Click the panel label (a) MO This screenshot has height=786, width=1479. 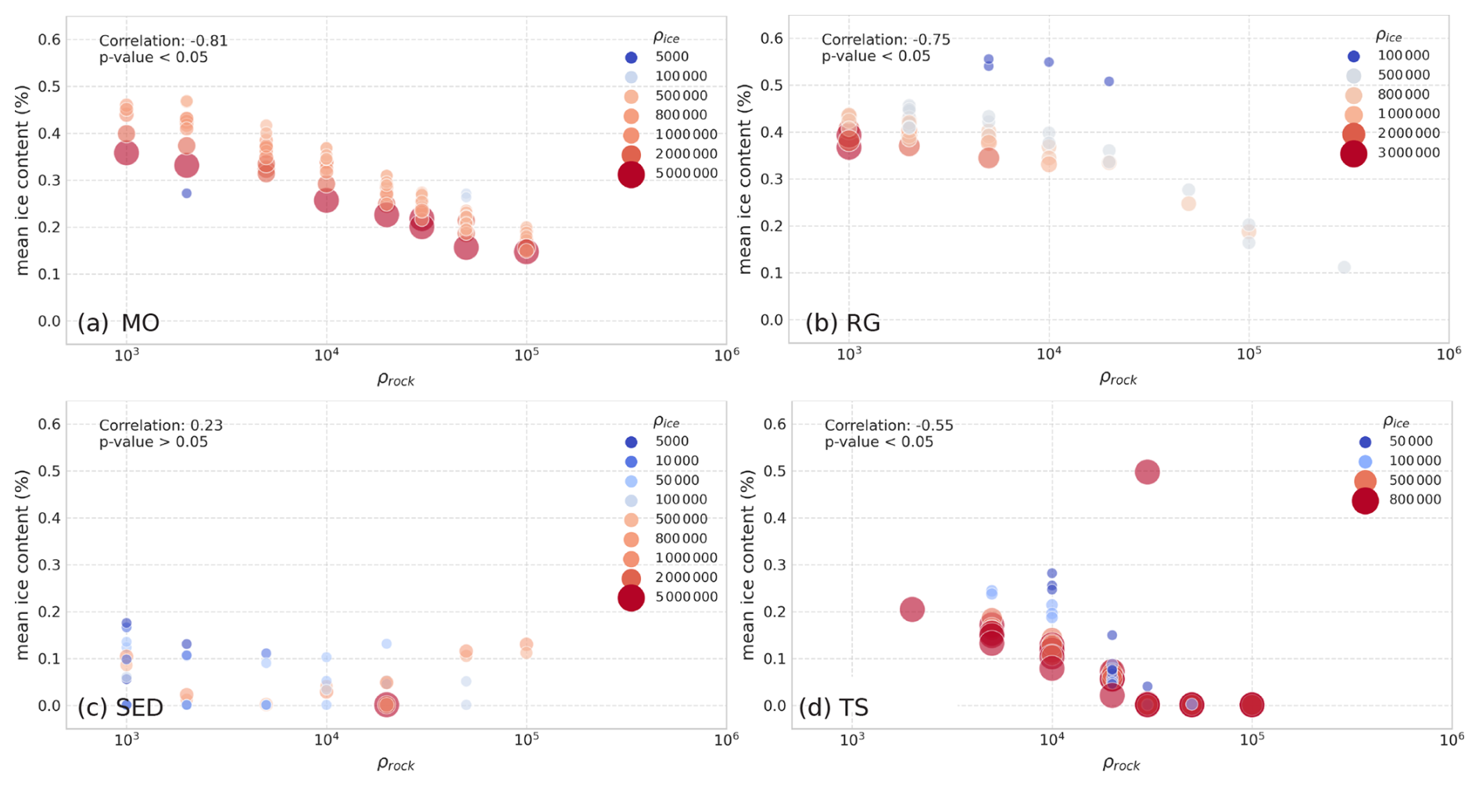click(x=118, y=322)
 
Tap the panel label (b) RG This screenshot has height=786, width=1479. click(x=843, y=322)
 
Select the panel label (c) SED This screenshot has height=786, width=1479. click(x=120, y=707)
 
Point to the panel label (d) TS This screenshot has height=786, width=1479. click(x=833, y=707)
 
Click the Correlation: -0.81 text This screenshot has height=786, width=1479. click(x=163, y=41)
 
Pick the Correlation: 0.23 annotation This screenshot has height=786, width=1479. click(x=160, y=425)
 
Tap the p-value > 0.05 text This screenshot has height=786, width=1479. click(x=153, y=442)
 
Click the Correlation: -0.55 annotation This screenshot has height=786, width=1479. click(x=889, y=425)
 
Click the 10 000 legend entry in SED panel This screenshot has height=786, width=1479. click(x=676, y=461)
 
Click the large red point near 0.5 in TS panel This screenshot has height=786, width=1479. click(x=1147, y=472)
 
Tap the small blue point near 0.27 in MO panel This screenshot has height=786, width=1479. click(x=186, y=193)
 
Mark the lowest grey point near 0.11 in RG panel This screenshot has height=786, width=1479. click(x=1344, y=267)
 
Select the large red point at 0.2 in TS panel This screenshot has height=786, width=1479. click(x=912, y=609)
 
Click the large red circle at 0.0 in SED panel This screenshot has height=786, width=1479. click(x=386, y=705)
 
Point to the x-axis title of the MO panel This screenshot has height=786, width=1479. click(x=396, y=379)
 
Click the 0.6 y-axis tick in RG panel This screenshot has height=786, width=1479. click(x=772, y=38)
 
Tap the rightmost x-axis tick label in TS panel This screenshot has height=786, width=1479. click(x=1452, y=739)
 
